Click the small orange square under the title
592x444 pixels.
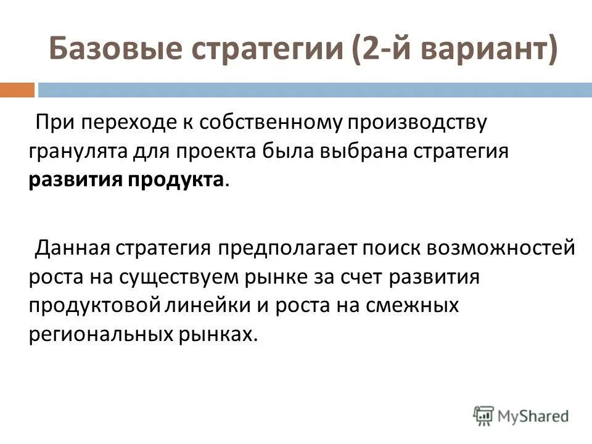coord(17,90)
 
